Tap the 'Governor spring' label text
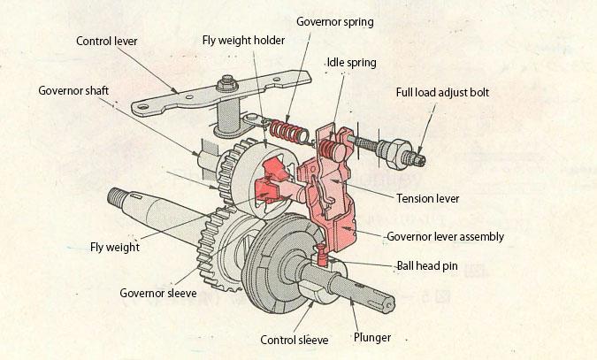click(x=334, y=21)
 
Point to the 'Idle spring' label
click(x=350, y=63)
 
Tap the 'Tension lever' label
click(x=427, y=198)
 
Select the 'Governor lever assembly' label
click(x=446, y=236)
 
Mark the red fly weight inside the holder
click(x=268, y=189)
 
